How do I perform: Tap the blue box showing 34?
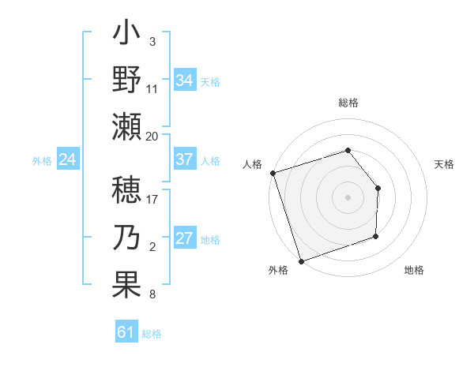point(185,80)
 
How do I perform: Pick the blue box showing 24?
point(68,160)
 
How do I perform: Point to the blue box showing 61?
point(126,332)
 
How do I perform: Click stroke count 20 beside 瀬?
point(152,137)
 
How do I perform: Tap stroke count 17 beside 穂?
point(152,199)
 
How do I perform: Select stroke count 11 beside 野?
point(152,89)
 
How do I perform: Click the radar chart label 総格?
point(348,103)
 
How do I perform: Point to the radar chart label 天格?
point(445,164)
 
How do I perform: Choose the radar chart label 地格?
point(414,270)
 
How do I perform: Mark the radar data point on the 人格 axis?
point(273,173)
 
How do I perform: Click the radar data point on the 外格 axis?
point(301,260)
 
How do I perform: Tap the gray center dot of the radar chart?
point(348,197)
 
